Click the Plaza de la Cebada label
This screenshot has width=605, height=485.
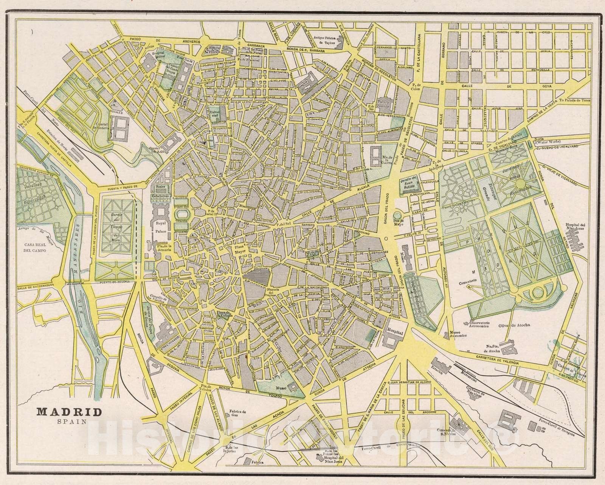(x=217, y=312)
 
